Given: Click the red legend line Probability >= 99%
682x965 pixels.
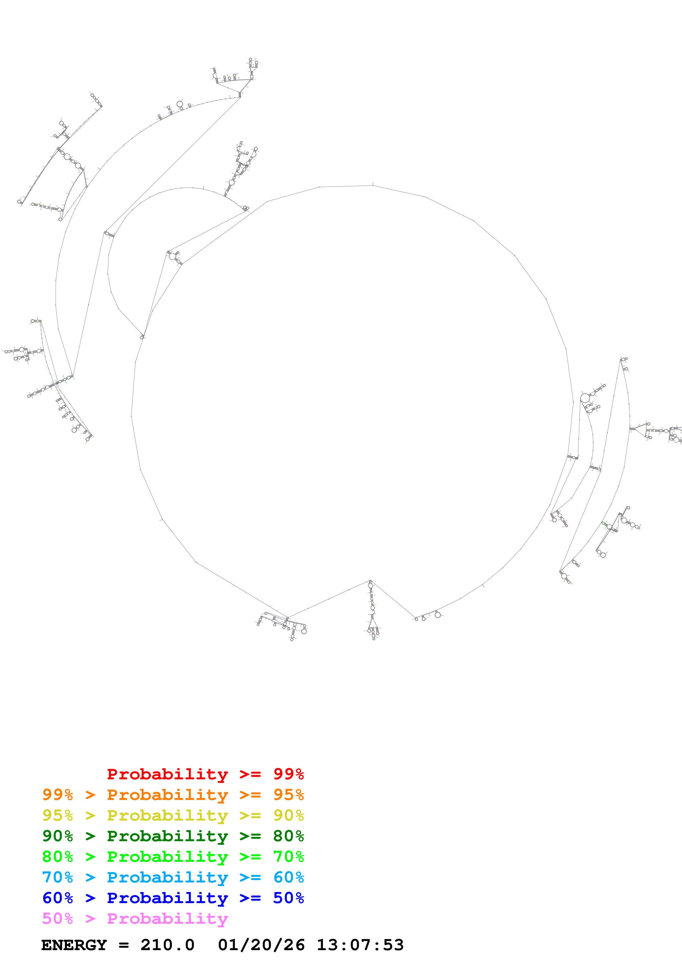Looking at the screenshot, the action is click(205, 774).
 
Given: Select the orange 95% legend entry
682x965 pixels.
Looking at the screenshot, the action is click(173, 795).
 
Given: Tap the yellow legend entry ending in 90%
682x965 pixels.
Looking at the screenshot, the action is click(173, 815).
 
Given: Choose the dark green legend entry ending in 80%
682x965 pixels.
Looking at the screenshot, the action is click(173, 836).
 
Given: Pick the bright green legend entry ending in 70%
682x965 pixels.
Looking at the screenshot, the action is click(173, 857).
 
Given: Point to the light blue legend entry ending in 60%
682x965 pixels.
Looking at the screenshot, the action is click(173, 877).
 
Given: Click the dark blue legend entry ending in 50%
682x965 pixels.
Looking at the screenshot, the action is click(173, 898).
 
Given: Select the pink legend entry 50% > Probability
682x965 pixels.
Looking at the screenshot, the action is click(135, 918).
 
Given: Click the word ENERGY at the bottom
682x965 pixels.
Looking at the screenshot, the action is click(74, 945).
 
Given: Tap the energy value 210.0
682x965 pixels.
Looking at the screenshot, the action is click(167, 945).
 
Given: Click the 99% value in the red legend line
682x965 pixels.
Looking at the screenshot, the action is click(288, 774).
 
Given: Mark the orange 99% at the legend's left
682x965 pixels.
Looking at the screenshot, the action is click(57, 795).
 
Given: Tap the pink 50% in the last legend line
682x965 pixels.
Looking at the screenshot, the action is click(57, 918).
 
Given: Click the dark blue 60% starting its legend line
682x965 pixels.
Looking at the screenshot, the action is click(57, 898).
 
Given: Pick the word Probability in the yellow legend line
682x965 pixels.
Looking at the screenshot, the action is click(167, 815).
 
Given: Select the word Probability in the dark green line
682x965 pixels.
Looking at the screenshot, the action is click(167, 836).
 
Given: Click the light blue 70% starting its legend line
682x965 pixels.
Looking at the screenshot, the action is click(57, 877).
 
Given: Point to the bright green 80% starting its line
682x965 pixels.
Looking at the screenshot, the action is click(57, 857).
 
